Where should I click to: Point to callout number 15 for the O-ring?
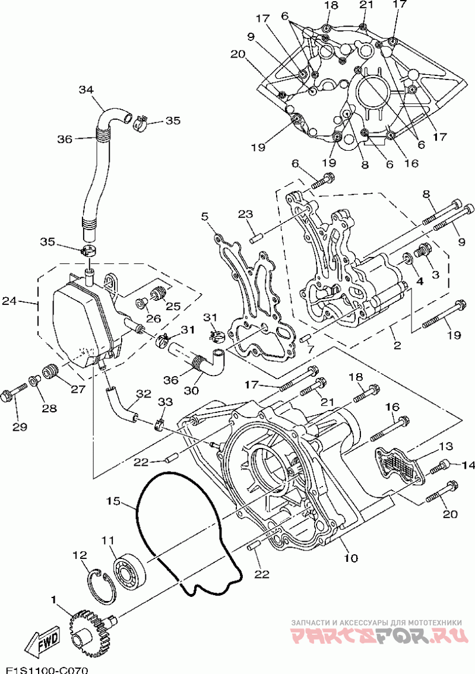(113, 500)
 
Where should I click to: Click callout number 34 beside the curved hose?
(85, 90)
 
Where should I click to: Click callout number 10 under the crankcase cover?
(351, 558)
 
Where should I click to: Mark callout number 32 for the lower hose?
(144, 394)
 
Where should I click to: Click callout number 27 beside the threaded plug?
(78, 390)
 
